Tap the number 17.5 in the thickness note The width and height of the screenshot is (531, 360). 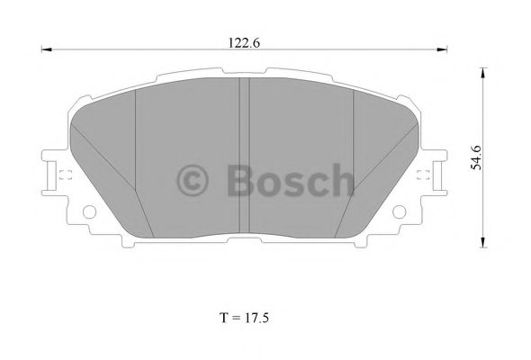pos(256,318)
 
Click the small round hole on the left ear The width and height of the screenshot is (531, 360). pos(89,212)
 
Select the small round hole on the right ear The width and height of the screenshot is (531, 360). pos(398,212)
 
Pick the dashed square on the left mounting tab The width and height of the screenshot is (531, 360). pos(63,176)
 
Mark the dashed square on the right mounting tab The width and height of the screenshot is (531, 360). pos(425,176)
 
